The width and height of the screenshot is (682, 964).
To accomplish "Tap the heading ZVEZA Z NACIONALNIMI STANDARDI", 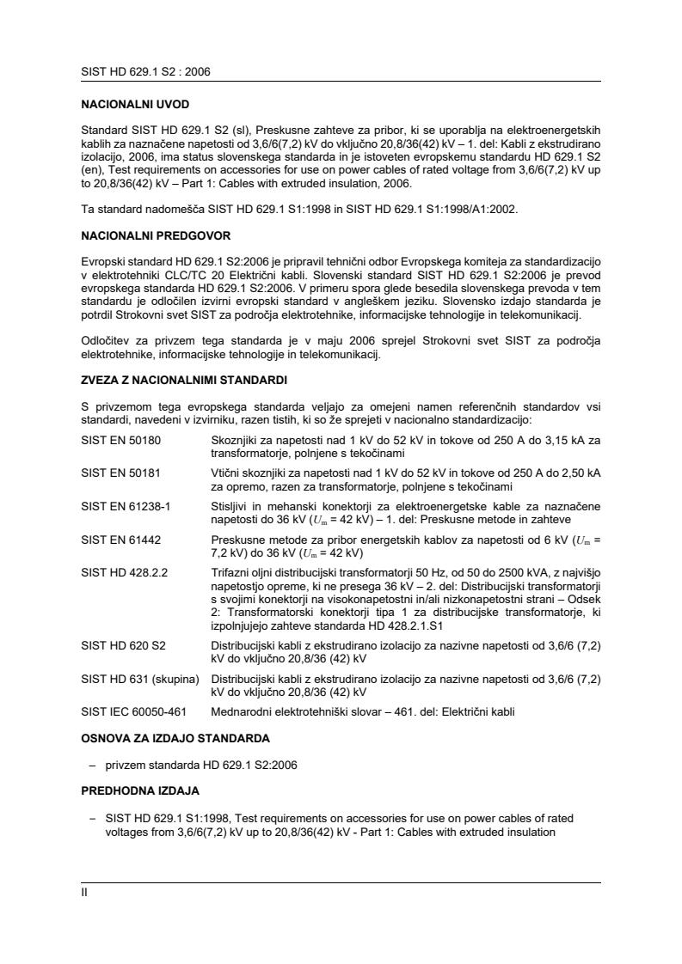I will point(184,381).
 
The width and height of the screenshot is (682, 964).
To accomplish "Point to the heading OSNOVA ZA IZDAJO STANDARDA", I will point(175,738).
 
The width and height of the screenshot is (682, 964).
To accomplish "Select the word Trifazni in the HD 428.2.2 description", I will point(230,572).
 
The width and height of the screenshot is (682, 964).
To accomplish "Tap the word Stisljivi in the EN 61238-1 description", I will point(230,506).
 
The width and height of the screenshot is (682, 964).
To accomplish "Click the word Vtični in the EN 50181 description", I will point(225,473).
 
